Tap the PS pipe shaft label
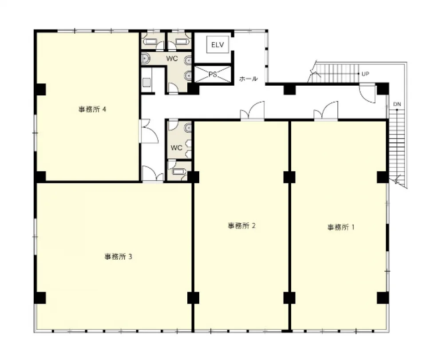(x=213, y=74)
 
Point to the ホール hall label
(x=248, y=79)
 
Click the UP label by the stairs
(x=365, y=74)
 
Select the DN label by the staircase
(x=397, y=104)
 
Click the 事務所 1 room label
(x=341, y=227)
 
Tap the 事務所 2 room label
(x=241, y=226)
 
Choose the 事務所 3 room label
(x=118, y=257)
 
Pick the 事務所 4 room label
(x=92, y=109)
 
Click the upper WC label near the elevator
(x=172, y=59)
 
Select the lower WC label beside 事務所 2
(x=177, y=147)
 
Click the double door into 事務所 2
(x=252, y=111)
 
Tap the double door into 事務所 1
(x=326, y=111)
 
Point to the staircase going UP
(x=336, y=73)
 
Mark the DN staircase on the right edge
(x=397, y=144)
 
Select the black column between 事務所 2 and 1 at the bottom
(x=289, y=298)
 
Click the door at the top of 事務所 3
(x=153, y=174)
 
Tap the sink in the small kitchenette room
(x=146, y=83)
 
